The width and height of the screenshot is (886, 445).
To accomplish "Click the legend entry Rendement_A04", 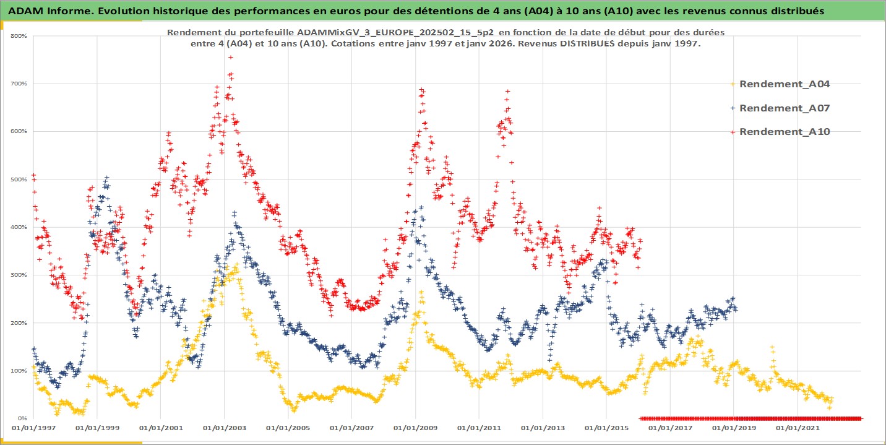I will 784,84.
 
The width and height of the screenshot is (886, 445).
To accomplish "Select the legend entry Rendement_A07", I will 784,108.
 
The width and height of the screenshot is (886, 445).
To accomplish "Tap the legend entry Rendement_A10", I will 784,131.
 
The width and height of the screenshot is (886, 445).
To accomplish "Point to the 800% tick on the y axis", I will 18,36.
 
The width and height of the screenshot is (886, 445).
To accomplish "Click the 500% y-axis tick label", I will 18,179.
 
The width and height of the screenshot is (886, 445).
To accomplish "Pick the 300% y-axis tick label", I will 18,275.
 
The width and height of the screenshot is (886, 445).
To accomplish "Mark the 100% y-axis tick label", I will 18,371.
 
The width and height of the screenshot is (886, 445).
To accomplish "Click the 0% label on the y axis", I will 21,418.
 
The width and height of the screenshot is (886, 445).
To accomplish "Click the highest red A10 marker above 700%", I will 231,57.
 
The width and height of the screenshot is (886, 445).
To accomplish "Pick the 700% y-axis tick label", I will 18,84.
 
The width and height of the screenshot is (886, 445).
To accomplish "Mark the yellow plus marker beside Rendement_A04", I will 733,84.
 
